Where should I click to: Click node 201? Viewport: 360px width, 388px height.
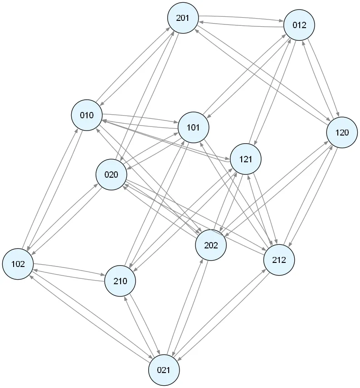(183, 18)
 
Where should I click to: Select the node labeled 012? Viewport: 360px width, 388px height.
(299, 25)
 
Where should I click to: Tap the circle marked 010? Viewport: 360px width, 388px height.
(87, 115)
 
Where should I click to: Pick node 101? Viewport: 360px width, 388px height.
(194, 127)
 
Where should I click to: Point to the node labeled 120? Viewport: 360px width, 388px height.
(342, 132)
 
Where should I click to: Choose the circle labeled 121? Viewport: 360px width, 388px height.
(245, 159)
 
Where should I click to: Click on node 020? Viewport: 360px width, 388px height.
(111, 175)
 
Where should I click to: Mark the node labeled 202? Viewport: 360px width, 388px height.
(211, 246)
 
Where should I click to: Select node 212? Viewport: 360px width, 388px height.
(279, 260)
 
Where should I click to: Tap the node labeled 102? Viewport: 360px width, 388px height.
(18, 264)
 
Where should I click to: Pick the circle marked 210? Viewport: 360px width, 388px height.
(120, 281)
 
